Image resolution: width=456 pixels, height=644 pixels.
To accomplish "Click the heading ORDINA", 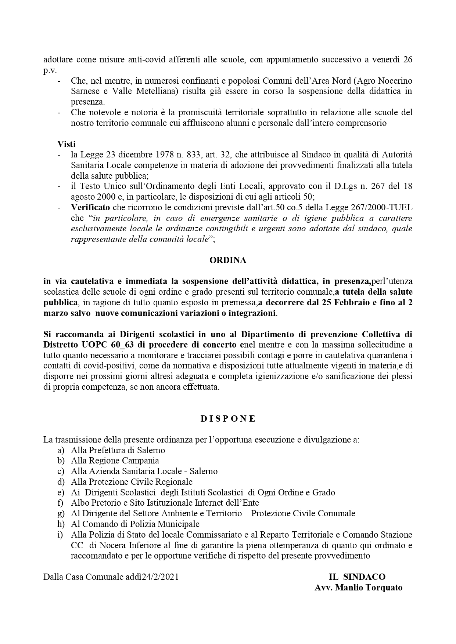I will click(228, 260).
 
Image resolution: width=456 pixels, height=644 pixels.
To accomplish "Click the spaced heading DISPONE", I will click(228, 419).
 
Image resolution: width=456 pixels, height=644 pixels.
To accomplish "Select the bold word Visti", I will click(67, 144).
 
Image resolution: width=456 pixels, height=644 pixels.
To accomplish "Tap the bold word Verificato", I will click(90, 208).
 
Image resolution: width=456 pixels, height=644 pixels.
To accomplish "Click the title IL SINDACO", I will click(357, 576).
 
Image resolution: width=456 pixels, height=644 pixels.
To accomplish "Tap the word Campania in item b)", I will click(140, 461).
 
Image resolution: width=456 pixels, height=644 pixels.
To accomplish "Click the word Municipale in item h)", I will click(180, 524).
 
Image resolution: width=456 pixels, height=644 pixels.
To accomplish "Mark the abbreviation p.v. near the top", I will click(50, 70).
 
